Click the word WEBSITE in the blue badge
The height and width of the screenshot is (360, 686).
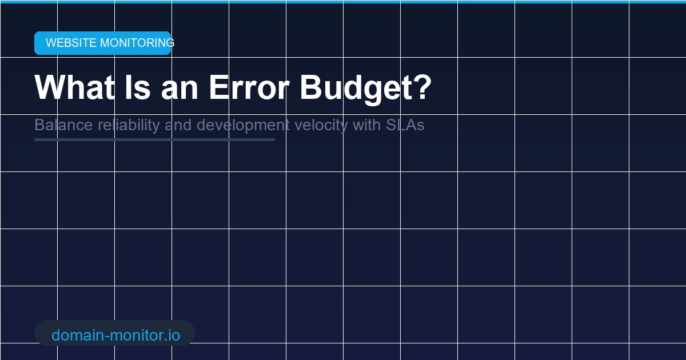tap(71, 43)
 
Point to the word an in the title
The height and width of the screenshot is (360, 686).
tap(179, 87)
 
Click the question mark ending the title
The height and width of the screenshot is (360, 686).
tap(422, 87)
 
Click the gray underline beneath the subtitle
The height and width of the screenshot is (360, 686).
tap(154, 139)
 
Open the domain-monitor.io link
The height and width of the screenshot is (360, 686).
tap(115, 335)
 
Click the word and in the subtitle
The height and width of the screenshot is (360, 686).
tap(178, 125)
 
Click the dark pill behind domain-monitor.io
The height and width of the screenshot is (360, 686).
tap(188, 333)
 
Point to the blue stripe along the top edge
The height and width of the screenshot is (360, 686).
tap(343, 2)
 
